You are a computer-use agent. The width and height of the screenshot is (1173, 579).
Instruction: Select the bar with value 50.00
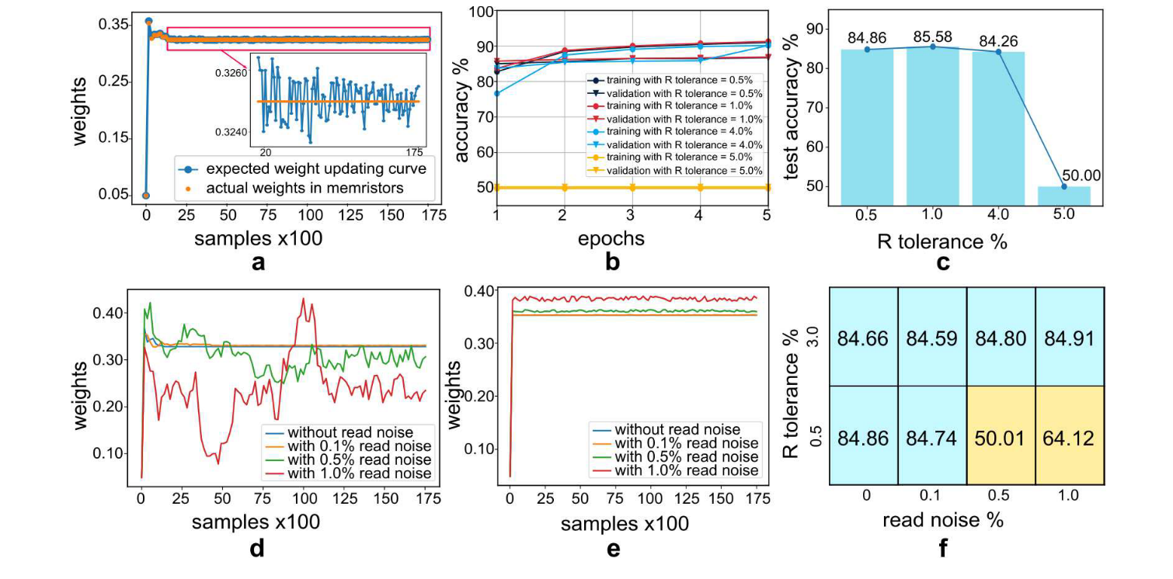[x=1063, y=196]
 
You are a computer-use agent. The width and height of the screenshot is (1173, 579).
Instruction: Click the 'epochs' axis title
[x=612, y=237]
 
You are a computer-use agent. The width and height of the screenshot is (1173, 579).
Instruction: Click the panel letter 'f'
[x=942, y=549]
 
